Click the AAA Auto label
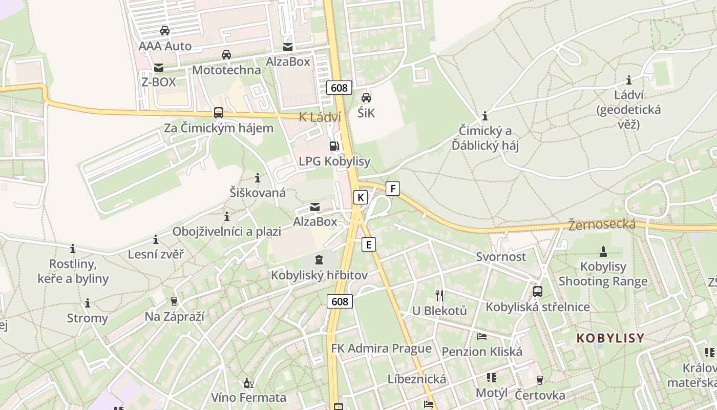[165, 46]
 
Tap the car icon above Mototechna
[226, 55]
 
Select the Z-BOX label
[158, 82]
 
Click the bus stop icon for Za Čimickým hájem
[219, 113]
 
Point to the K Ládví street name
[320, 117]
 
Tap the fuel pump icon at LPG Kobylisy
[334, 146]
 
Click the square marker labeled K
[361, 197]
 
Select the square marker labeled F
[393, 188]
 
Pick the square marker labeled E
[368, 244]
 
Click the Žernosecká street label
[602, 224]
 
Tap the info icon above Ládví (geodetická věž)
[629, 80]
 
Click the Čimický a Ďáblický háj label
[485, 138]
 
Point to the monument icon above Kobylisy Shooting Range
[603, 251]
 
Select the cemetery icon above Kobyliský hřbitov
[319, 260]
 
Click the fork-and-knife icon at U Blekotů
[439, 295]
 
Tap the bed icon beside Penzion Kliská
[482, 337]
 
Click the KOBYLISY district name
[610, 338]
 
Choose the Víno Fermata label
[249, 397]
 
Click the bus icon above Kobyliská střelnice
[538, 292]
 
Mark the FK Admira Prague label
[381, 348]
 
